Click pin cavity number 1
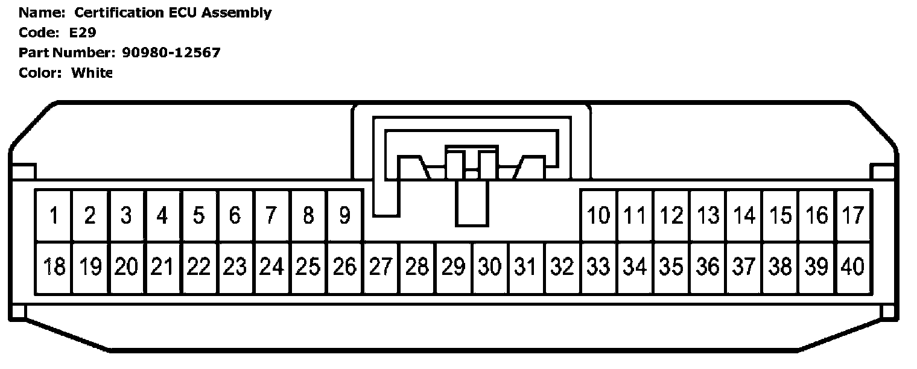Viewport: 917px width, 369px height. click(x=54, y=215)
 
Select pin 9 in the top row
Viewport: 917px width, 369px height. click(x=344, y=215)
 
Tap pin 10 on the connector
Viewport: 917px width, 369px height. click(x=599, y=215)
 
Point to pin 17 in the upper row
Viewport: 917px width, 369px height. click(x=853, y=215)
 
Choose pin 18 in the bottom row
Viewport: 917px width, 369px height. click(x=54, y=266)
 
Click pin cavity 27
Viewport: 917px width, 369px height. click(x=381, y=266)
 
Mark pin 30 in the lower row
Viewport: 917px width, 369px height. click(x=490, y=266)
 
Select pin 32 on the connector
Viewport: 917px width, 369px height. click(x=562, y=266)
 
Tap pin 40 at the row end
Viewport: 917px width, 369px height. click(x=853, y=266)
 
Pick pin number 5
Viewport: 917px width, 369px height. click(x=199, y=215)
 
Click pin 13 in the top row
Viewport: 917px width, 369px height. click(x=708, y=215)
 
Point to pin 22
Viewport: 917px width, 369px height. click(x=199, y=266)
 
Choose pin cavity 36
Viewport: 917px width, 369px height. click(x=708, y=266)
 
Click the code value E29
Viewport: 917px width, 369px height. click(x=83, y=33)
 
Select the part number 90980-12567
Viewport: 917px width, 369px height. click(x=171, y=52)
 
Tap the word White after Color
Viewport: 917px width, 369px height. click(x=92, y=73)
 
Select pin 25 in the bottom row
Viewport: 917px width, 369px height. click(x=308, y=266)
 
